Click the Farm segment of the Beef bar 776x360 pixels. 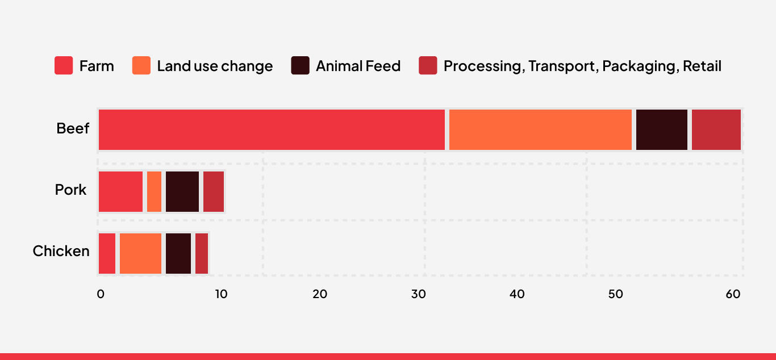(272, 129)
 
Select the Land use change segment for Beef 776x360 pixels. (540, 129)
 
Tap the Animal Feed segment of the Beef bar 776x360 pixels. (661, 129)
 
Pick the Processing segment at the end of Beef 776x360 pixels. (716, 129)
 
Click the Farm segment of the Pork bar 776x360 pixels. (120, 191)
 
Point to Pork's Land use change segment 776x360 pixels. (154, 191)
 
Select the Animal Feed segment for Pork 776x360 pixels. (182, 191)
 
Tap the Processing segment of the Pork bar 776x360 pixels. (214, 191)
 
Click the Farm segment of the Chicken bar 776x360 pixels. (107, 253)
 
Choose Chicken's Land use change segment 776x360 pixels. (140, 253)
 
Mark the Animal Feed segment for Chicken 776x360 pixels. (178, 253)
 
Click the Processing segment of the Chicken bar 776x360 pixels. (202, 253)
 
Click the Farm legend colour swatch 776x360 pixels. (64, 66)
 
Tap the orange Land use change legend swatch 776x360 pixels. (141, 66)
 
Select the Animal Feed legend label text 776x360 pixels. (358, 66)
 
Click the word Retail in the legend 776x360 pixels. (702, 66)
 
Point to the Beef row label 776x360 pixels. (73, 129)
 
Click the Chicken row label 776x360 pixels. (61, 251)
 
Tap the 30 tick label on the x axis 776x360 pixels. (418, 294)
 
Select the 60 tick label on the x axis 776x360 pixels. (733, 294)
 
